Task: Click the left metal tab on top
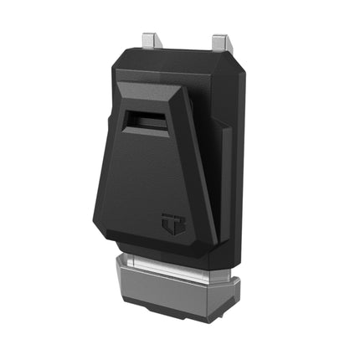tap(152, 39)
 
